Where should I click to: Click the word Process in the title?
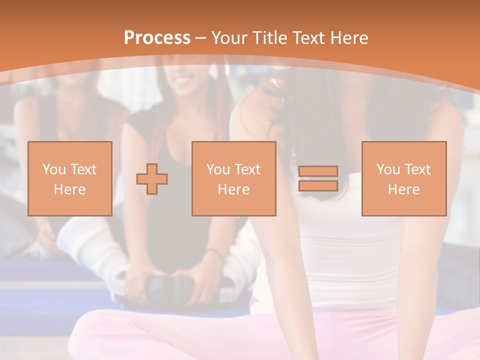[x=157, y=38]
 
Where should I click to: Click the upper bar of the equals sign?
[x=318, y=171]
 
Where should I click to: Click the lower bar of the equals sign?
[x=318, y=186]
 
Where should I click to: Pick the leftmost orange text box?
[x=70, y=178]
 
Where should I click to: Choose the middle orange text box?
[x=234, y=178]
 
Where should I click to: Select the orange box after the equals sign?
[x=404, y=178]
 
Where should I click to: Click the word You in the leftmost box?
[x=53, y=169]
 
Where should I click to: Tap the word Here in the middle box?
[x=234, y=189]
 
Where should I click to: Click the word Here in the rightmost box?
[x=404, y=189]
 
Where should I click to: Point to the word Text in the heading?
[x=308, y=38]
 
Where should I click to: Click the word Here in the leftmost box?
[x=70, y=189]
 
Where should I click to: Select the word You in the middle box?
[x=217, y=169]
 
